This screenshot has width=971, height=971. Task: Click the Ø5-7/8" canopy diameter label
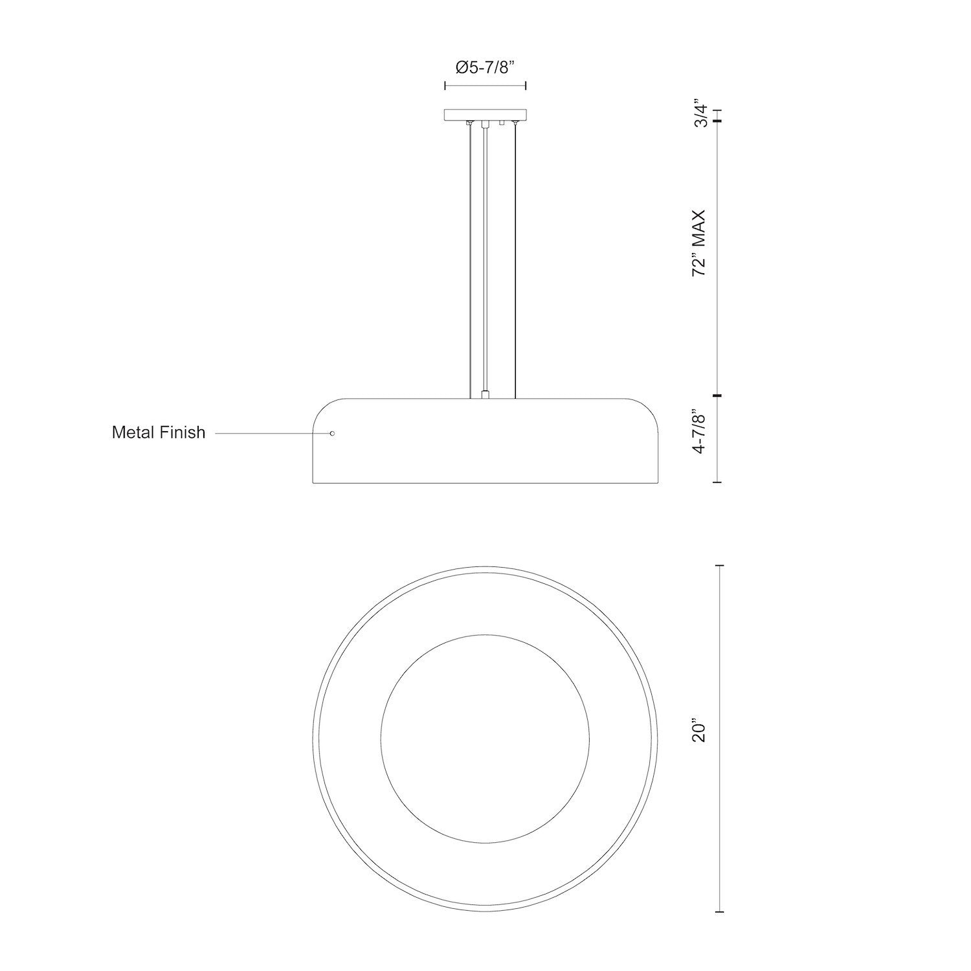coord(485,67)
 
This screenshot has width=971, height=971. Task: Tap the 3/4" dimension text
coord(700,114)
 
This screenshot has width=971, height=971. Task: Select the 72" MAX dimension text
coord(700,243)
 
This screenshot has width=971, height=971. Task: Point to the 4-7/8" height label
coord(700,431)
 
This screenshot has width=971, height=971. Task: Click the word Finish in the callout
coord(183,432)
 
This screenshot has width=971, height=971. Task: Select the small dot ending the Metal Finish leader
coord(332,433)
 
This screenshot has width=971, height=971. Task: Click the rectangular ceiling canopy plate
coord(485,115)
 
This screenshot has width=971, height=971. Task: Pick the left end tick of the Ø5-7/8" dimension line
coord(445,85)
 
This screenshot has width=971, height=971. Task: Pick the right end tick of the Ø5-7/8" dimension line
coord(525,85)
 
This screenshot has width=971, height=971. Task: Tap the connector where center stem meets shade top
coord(485,394)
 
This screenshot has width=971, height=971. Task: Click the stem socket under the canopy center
coord(484,124)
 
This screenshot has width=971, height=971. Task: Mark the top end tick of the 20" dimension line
coord(718,566)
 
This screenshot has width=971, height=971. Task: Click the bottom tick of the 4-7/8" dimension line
coord(718,482)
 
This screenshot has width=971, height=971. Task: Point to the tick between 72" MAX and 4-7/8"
coord(718,395)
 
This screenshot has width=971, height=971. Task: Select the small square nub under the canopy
coord(501,123)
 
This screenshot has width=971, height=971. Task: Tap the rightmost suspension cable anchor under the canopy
coord(515,123)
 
